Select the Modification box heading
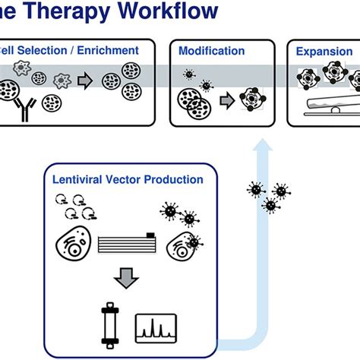coord(211,52)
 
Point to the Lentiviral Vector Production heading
coord(128,180)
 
